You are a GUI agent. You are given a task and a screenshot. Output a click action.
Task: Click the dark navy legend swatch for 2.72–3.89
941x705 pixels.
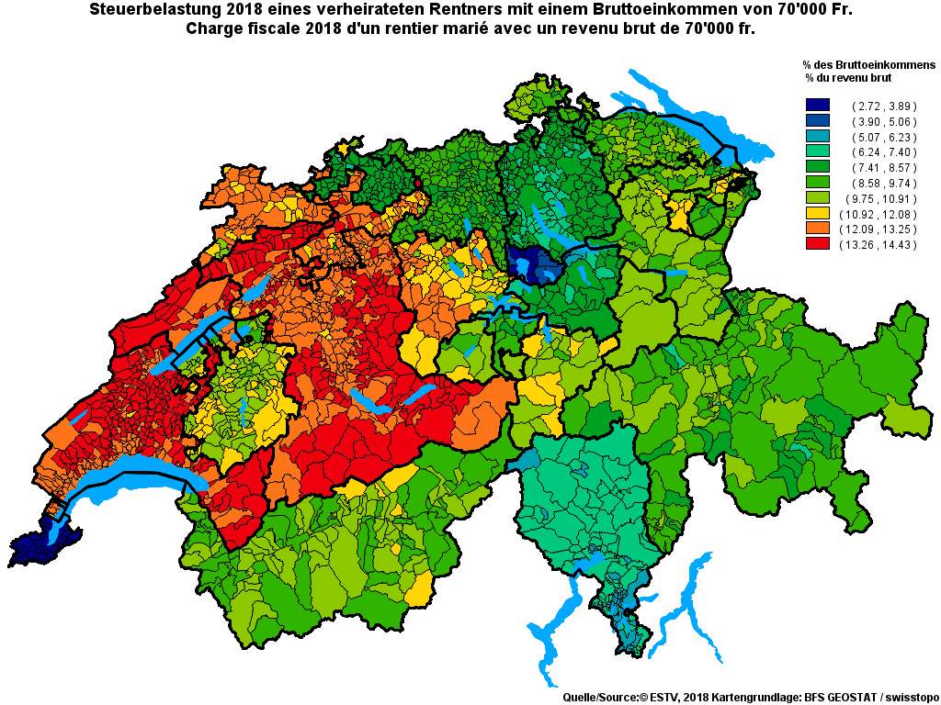[x=817, y=106]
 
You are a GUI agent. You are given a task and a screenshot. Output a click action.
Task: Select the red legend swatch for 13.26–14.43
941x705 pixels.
[x=817, y=244]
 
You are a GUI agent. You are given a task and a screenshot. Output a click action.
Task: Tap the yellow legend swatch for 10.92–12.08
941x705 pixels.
[x=817, y=213]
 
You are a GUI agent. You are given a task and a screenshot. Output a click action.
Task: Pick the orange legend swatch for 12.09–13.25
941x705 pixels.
[x=817, y=229]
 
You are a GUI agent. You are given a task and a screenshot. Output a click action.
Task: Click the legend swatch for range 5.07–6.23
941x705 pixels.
[x=817, y=137]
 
